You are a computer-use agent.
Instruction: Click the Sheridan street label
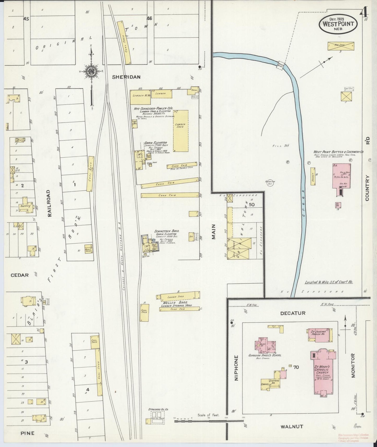126,77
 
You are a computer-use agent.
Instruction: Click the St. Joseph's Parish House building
320,335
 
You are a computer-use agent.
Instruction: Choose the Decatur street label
292,313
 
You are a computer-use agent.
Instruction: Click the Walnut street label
292,426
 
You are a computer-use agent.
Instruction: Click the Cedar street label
20,275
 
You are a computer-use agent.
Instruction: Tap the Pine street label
27,433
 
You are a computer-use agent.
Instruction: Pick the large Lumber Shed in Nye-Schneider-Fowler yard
181,131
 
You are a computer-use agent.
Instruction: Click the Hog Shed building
340,45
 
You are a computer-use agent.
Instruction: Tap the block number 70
296,367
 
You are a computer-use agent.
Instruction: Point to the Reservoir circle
269,182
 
